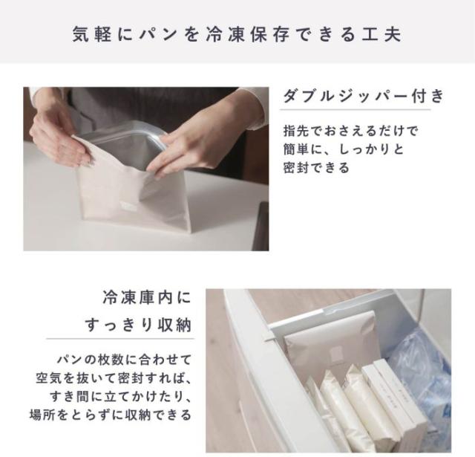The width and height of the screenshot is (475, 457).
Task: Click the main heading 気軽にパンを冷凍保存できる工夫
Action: tap(237, 33)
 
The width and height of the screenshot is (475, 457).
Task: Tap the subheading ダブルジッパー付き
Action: tap(363, 97)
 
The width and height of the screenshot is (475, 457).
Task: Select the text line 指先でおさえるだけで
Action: tap(351, 131)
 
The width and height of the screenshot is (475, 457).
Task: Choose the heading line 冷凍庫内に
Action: tap(146, 299)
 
